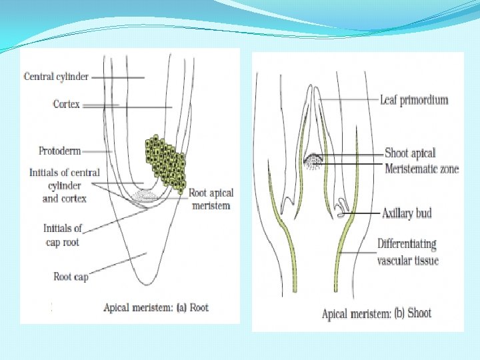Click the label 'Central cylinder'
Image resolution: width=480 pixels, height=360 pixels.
pos(56,77)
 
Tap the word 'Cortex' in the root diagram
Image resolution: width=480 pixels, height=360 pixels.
pos(67,104)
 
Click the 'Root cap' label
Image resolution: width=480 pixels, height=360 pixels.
pos(71,277)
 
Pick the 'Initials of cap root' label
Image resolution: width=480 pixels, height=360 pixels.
pos(63,235)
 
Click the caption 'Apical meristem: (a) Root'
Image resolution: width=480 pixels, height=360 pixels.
pos(156,307)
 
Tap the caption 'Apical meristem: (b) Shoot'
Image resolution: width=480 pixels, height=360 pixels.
pos(377,313)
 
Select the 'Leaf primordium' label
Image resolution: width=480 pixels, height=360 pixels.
pos(414,100)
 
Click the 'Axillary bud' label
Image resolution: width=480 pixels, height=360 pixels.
pos(407,213)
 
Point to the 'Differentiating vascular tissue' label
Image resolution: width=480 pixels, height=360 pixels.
pos(408,252)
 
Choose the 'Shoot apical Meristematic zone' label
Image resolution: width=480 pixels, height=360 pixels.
pos(421,161)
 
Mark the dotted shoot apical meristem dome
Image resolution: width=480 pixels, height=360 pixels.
pos(313,161)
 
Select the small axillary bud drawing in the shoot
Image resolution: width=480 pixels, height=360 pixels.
pos(341,212)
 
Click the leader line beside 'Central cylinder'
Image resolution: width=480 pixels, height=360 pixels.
pos(118,77)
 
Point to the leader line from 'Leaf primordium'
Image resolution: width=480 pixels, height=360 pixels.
pos(350,100)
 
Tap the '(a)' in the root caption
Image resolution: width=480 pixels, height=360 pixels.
pos(179,307)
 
